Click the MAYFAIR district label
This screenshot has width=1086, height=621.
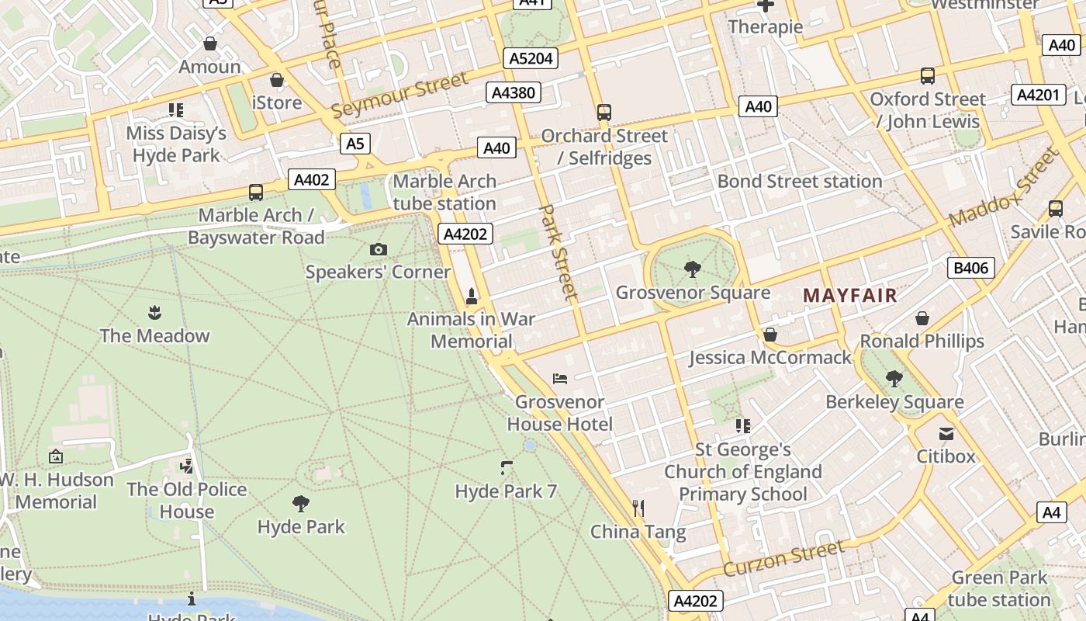(849, 296)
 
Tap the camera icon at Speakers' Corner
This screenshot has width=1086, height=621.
(378, 249)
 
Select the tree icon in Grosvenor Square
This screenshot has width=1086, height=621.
(692, 269)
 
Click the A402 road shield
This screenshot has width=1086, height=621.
(312, 180)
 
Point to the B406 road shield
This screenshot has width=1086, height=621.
(970, 269)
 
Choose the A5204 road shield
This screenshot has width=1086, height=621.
(531, 58)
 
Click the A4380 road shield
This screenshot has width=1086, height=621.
(514, 93)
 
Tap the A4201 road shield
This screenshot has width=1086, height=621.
(1037, 95)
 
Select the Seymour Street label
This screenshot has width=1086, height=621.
(400, 95)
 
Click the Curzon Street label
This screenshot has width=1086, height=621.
(783, 559)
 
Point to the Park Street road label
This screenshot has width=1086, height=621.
(559, 252)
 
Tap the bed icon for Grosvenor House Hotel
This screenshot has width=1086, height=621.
(560, 379)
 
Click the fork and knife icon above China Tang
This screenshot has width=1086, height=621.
(638, 508)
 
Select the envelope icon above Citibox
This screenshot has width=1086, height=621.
(946, 433)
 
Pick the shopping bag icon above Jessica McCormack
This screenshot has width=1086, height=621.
(770, 335)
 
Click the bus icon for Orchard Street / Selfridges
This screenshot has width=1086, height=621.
(604, 113)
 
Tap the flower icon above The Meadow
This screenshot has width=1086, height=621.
(154, 313)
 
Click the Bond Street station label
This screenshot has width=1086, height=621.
(799, 181)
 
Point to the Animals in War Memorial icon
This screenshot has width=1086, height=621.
(471, 296)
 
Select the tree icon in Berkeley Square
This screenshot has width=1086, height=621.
(894, 379)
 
